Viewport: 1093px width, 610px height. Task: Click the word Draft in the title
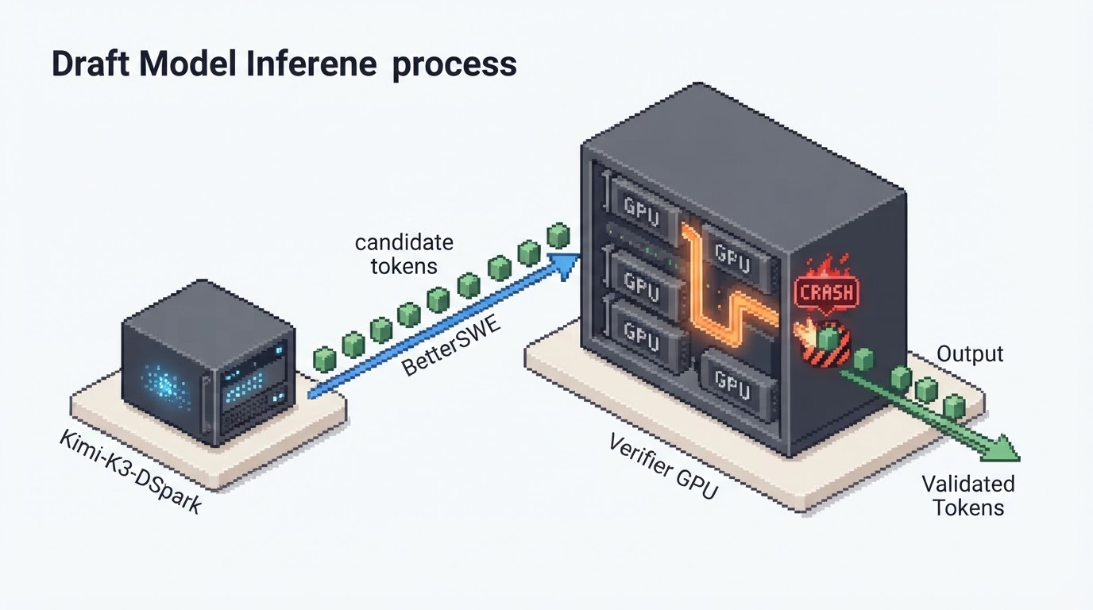[x=91, y=64]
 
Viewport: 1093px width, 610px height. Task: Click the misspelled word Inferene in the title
[x=311, y=64]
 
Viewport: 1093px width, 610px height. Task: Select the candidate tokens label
[x=404, y=254]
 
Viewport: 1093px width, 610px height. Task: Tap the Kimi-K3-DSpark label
[x=130, y=472]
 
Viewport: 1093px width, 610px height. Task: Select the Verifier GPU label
[x=663, y=467]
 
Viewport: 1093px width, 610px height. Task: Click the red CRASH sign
[x=827, y=292]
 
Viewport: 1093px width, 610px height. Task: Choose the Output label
[x=970, y=354]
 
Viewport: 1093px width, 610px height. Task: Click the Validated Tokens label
[x=968, y=496]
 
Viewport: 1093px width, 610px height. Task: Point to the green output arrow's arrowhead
[x=1002, y=448]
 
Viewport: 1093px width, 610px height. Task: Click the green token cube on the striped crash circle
[x=828, y=340]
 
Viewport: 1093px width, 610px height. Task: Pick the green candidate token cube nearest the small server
[x=324, y=359]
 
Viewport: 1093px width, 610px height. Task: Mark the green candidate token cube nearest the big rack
[x=558, y=235]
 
